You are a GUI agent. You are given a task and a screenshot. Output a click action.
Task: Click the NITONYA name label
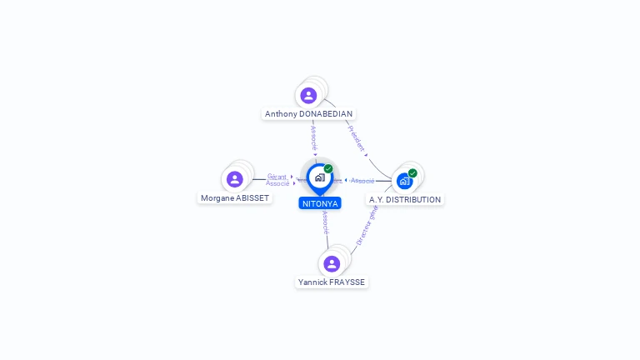(x=320, y=203)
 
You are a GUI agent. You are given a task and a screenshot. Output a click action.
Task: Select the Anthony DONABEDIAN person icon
(x=308, y=96)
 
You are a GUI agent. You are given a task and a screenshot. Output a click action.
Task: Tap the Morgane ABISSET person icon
(x=235, y=179)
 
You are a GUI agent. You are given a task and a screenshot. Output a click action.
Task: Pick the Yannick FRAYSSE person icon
(x=332, y=264)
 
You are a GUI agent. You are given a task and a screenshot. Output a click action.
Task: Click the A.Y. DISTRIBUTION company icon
(x=404, y=181)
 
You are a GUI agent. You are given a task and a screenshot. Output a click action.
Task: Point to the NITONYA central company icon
(x=320, y=177)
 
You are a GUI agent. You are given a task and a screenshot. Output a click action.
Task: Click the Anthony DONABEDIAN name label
(x=308, y=114)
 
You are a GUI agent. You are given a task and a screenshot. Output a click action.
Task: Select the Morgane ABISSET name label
(x=235, y=198)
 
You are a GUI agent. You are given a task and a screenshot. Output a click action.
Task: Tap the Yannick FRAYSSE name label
(x=332, y=282)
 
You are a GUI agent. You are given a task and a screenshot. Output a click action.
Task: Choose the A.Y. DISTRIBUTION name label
(x=405, y=200)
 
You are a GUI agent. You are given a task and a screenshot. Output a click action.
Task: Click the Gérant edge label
(x=277, y=177)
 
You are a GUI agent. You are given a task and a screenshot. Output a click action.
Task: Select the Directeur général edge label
(x=367, y=225)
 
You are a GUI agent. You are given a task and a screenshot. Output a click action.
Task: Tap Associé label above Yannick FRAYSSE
(x=325, y=222)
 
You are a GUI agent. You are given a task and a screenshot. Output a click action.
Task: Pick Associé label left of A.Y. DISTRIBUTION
(x=362, y=181)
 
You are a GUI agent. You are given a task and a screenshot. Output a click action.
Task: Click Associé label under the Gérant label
(x=277, y=183)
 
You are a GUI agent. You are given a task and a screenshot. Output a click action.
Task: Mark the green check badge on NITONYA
(x=328, y=169)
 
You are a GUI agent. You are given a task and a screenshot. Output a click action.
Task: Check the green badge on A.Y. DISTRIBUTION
(x=412, y=173)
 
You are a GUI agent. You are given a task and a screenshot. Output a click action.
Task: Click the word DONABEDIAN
(x=326, y=114)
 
